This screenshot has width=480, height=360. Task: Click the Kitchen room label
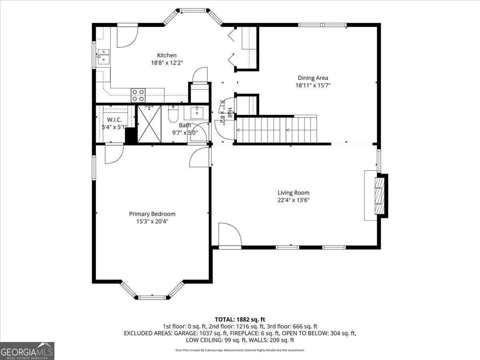tap(167, 55)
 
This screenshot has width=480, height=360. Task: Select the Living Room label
tap(294, 193)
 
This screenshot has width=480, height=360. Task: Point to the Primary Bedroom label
tap(152, 214)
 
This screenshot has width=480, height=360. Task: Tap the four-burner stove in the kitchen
tap(138, 95)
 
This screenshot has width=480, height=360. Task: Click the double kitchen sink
tap(104, 56)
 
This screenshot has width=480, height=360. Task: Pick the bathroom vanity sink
tap(197, 113)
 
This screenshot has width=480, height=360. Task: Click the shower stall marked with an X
tap(149, 124)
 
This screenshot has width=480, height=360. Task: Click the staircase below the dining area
tap(276, 130)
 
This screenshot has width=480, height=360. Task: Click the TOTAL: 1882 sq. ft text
tap(240, 319)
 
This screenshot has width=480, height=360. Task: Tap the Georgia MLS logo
tap(27, 351)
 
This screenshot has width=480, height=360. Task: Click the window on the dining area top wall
tap(322, 25)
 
